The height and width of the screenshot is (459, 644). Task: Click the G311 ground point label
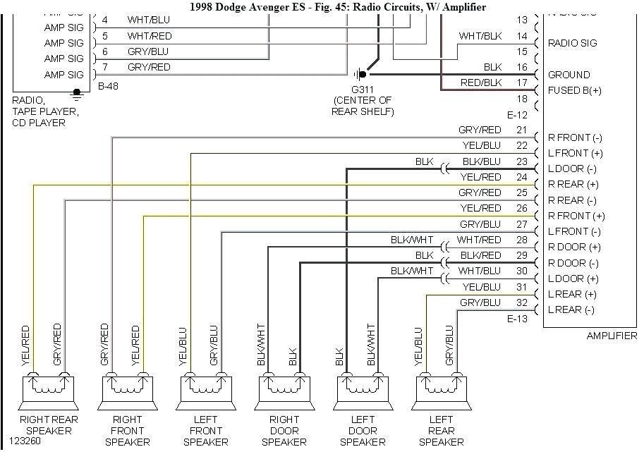(x=363, y=89)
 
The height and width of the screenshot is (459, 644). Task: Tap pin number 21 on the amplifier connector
(x=521, y=130)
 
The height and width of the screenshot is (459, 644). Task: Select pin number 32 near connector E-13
(x=521, y=302)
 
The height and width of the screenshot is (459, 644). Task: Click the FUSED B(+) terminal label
(x=575, y=90)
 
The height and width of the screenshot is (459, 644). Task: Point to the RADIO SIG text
(x=572, y=43)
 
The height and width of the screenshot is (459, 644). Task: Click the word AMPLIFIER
(x=611, y=336)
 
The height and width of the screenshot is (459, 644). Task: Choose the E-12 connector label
(x=517, y=115)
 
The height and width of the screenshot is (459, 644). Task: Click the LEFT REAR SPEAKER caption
(x=441, y=430)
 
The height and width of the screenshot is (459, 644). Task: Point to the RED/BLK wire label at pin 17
(x=481, y=82)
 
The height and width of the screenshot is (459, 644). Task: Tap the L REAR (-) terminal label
(x=571, y=310)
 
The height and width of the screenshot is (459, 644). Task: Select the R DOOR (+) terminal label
(x=574, y=247)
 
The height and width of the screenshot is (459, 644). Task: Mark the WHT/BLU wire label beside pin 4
(x=149, y=20)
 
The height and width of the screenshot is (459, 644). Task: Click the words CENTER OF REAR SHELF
(x=363, y=106)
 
